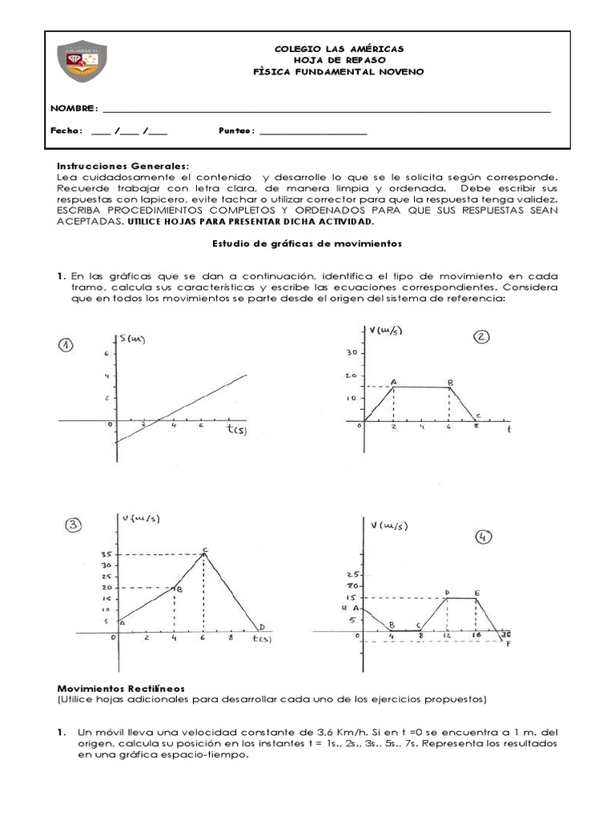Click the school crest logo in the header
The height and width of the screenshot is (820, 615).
point(83,65)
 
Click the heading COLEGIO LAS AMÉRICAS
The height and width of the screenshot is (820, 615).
point(339,48)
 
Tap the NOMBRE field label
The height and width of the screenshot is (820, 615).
point(74,108)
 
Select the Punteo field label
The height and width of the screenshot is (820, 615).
point(236,131)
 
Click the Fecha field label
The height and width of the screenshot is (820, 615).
point(66,131)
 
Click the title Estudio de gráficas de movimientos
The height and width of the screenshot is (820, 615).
point(307,242)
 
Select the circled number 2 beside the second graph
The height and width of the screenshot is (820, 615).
point(481,337)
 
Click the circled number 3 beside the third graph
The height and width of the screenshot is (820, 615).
point(74,525)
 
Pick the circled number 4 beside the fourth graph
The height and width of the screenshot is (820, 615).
point(484,537)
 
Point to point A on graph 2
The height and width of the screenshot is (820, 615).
point(393,383)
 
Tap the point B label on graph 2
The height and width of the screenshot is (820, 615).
point(451,383)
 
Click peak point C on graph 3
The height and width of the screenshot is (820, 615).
point(205,550)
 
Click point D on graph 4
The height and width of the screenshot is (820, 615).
point(447,593)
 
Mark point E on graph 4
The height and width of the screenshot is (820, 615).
point(476,593)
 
